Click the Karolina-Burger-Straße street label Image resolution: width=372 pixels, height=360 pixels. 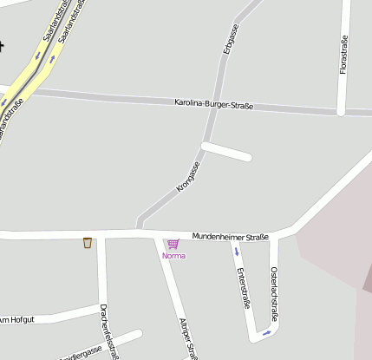tap(213, 105)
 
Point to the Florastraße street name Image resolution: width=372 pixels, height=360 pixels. tap(343, 54)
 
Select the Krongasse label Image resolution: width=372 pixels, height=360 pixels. tap(188, 175)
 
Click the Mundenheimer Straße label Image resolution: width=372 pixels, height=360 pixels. tap(230, 236)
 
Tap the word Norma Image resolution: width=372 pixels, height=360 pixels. tap(173, 256)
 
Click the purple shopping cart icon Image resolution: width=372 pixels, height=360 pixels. tap(173, 244)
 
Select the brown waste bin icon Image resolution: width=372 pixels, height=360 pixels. tap(88, 242)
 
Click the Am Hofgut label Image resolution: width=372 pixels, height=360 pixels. tap(16, 320)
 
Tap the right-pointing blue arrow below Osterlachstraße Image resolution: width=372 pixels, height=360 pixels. tap(267, 331)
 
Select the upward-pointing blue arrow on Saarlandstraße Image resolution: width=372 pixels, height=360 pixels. tap(54, 59)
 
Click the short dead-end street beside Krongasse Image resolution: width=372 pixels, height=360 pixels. tap(227, 150)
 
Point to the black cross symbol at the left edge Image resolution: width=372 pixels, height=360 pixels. tap(2, 45)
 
